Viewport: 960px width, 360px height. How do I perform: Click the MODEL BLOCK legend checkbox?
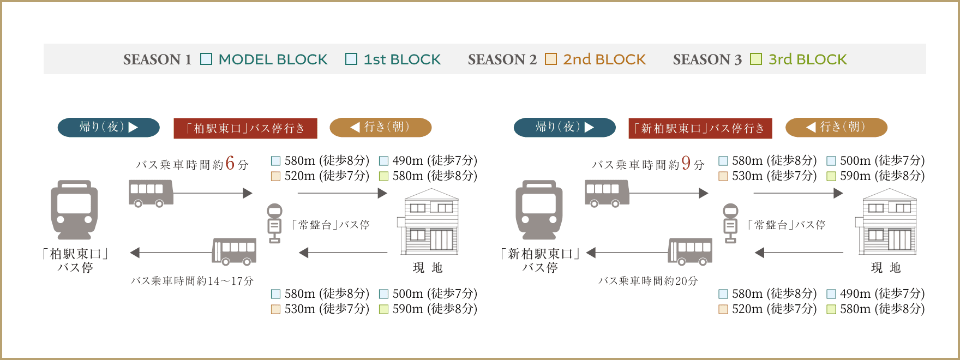click(x=206, y=59)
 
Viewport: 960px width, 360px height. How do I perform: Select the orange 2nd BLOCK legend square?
click(x=551, y=59)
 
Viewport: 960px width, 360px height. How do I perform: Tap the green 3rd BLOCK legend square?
click(x=756, y=59)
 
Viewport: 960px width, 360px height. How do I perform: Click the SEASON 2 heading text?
click(x=502, y=59)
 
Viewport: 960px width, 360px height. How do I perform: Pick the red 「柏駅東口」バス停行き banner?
click(x=245, y=128)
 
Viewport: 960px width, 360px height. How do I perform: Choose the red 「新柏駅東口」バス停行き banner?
click(x=700, y=128)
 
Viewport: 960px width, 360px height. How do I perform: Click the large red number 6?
click(x=230, y=163)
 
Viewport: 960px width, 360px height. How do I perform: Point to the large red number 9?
click(x=686, y=163)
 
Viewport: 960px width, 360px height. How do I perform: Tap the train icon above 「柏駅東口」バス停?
click(x=74, y=210)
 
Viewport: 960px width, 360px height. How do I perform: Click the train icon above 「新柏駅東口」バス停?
click(x=539, y=210)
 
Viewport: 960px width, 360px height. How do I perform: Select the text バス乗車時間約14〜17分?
click(x=192, y=281)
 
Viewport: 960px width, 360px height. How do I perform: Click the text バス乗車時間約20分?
click(x=648, y=281)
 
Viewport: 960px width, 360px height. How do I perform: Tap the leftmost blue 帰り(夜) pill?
click(x=109, y=127)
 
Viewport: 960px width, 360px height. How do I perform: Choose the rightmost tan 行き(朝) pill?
click(x=836, y=127)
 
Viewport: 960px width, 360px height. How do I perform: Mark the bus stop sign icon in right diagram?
click(x=730, y=223)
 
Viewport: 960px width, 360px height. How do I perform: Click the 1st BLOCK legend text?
click(x=402, y=59)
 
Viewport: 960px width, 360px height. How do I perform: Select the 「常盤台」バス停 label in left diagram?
click(x=331, y=225)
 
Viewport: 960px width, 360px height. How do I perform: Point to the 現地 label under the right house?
click(x=885, y=268)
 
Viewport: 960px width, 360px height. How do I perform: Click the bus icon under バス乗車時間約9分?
click(x=607, y=194)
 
